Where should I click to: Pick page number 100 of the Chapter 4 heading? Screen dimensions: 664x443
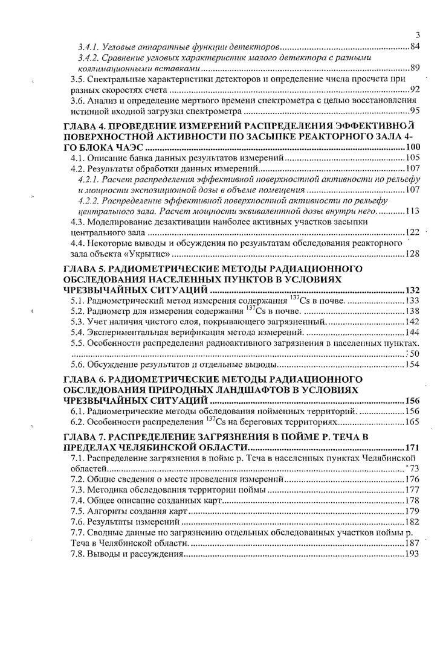click(x=412, y=148)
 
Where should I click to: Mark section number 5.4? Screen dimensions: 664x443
click(x=77, y=332)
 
